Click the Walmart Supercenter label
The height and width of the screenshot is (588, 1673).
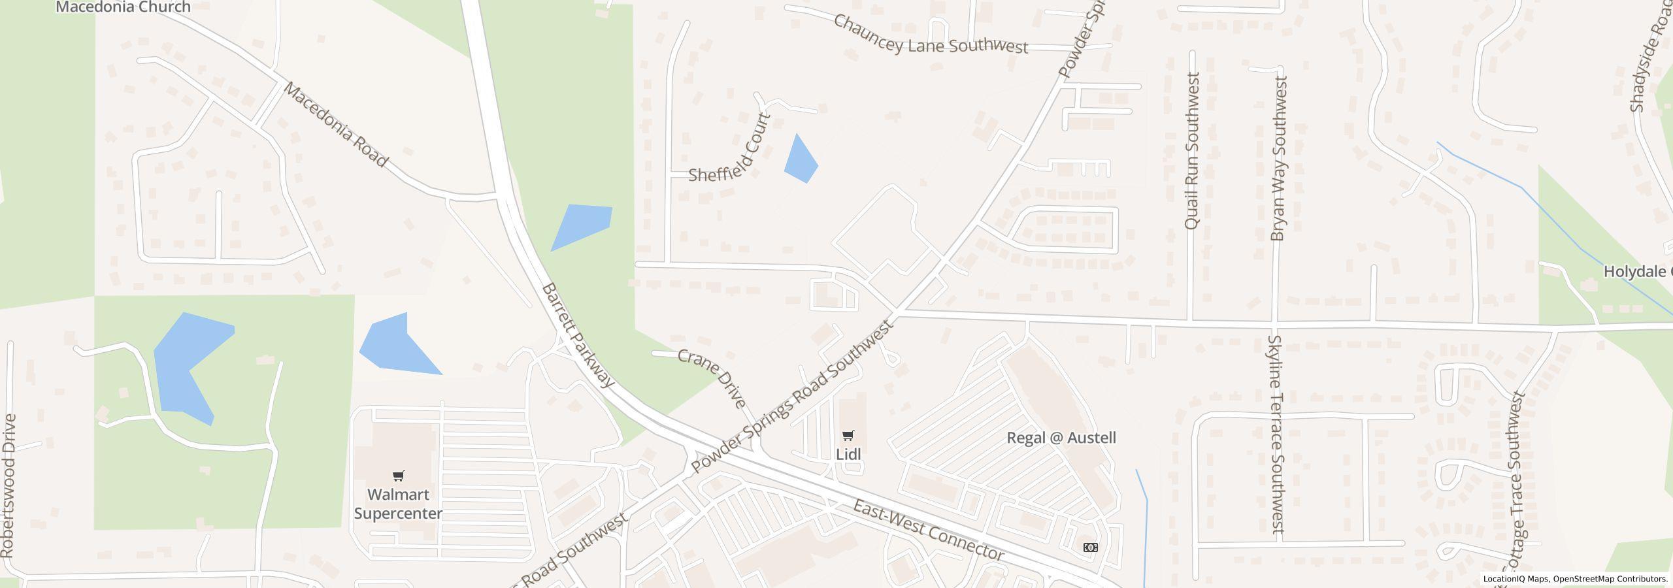coord(398,504)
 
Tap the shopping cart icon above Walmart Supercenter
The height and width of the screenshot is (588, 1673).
coord(398,476)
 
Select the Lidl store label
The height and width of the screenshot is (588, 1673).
coord(848,454)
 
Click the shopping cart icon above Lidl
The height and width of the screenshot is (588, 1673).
coord(848,435)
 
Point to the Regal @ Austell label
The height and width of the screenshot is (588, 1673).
coord(1061,438)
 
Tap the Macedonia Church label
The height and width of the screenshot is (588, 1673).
coord(123,7)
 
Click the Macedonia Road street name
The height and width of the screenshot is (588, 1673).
coord(335,124)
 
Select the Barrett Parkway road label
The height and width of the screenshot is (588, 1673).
coord(578,335)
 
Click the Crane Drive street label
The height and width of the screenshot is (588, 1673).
coord(712,378)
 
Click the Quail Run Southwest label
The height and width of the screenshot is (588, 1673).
coord(1191,151)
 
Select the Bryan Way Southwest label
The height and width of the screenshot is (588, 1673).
coord(1278,159)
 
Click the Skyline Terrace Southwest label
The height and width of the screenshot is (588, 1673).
coord(1276,434)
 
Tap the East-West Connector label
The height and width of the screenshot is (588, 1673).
coord(928,530)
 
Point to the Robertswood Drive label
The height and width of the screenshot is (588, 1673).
coord(8,485)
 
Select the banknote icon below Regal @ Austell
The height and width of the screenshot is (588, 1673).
coord(1090,547)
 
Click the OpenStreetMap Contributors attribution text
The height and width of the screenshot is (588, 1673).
coord(1610,579)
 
